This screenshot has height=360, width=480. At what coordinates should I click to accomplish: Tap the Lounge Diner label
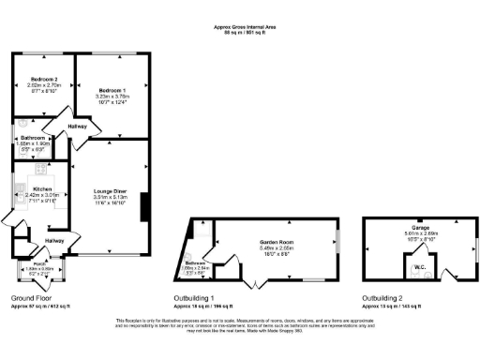[x=110, y=192]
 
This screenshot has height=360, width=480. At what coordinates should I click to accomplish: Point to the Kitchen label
[x=41, y=189]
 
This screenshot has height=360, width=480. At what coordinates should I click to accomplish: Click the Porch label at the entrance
[x=40, y=264]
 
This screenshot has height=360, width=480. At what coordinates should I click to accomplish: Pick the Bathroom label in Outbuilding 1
[x=194, y=263]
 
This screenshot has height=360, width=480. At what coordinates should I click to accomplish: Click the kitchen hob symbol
[x=42, y=171]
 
